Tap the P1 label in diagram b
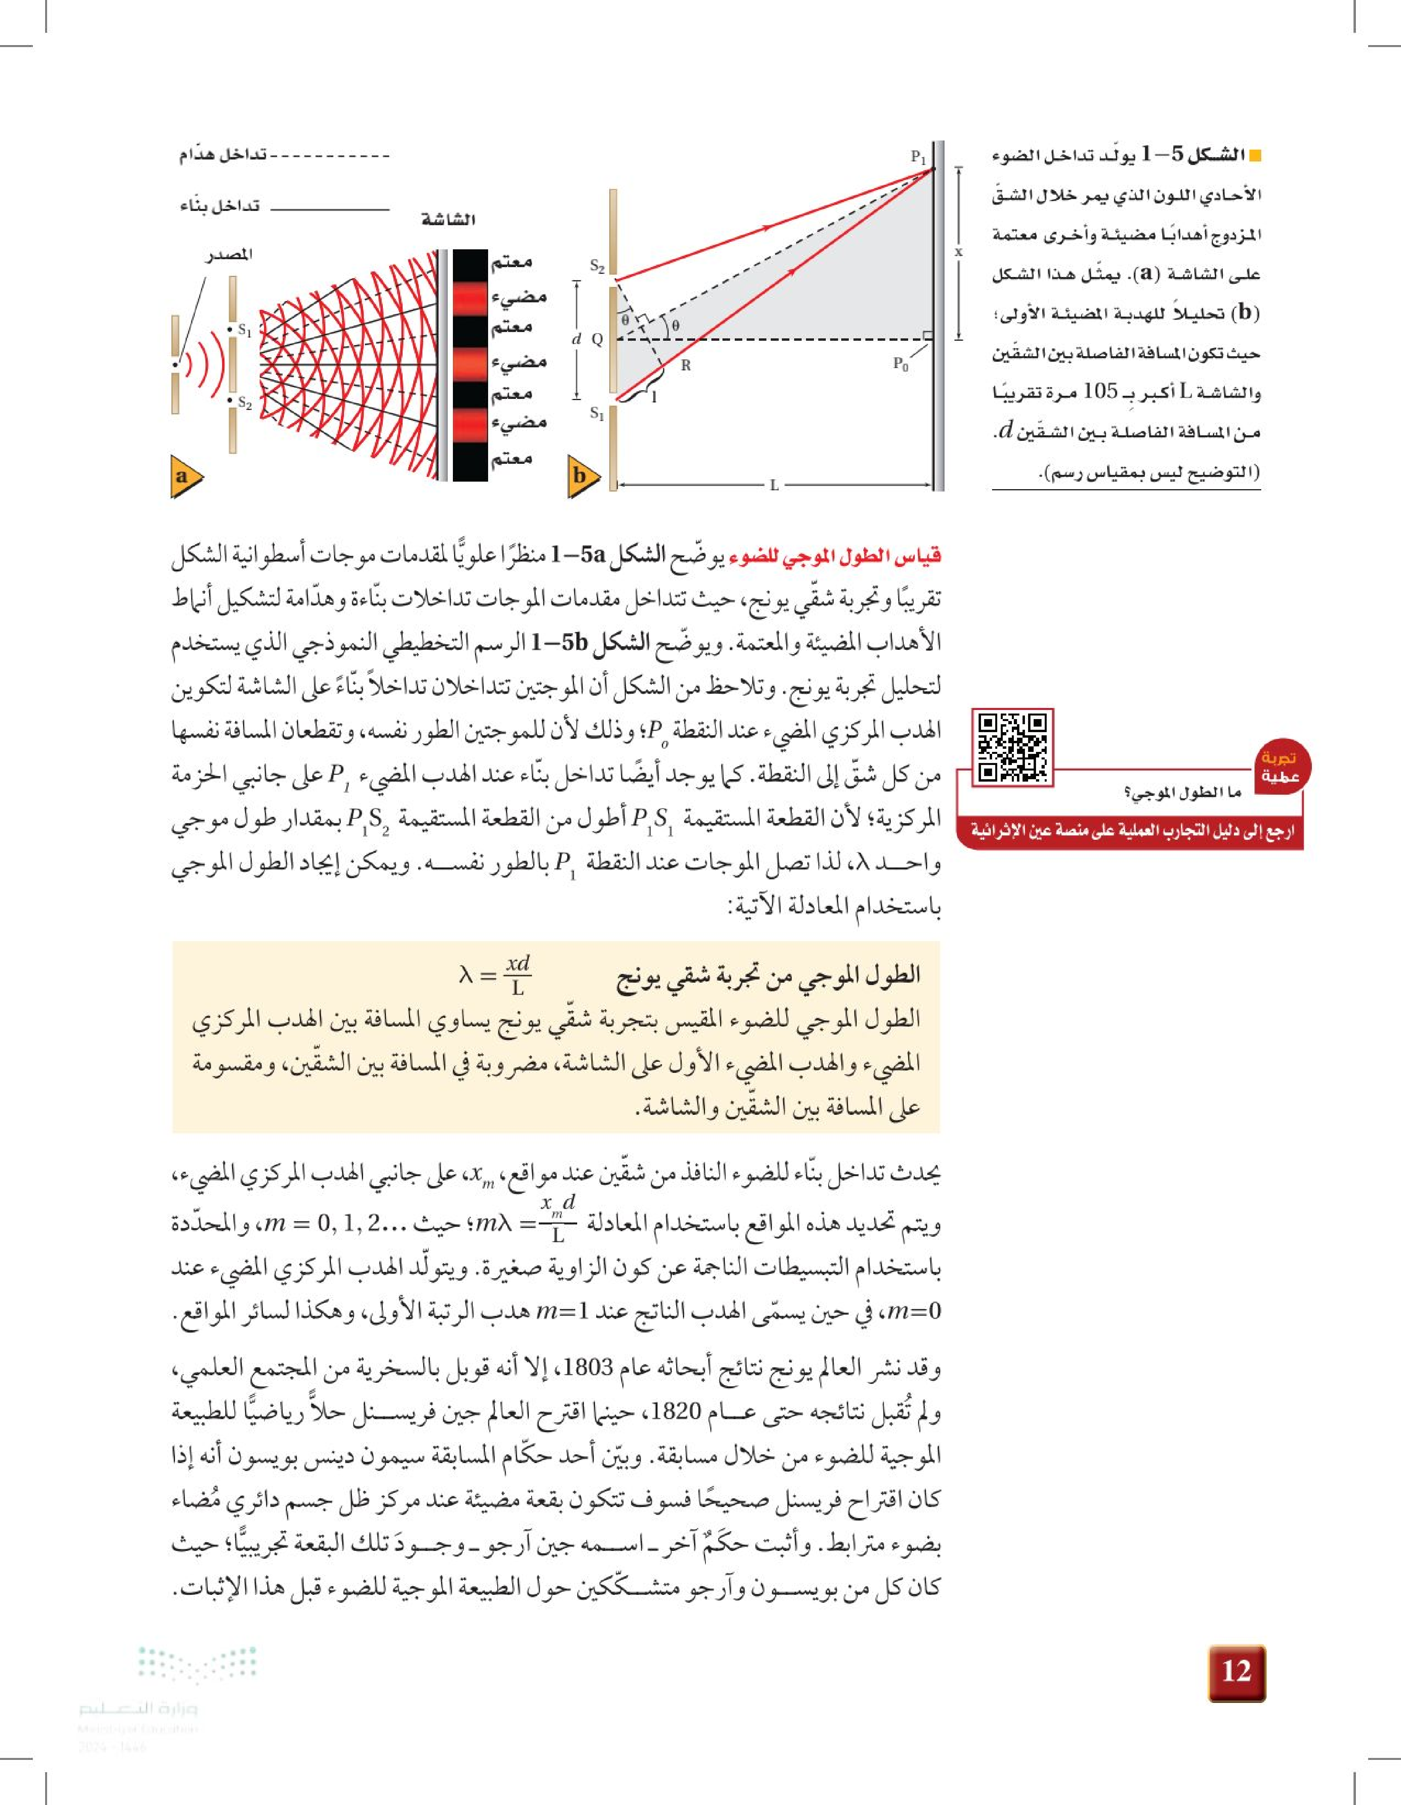coord(918,156)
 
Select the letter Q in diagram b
coord(597,339)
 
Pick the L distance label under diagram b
coord(774,485)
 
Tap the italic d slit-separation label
coord(577,339)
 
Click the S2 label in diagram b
coord(597,266)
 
